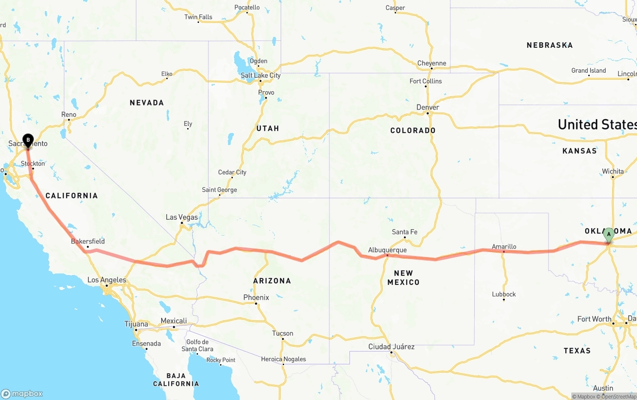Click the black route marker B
(x=28, y=140)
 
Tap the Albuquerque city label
(x=387, y=250)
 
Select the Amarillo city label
(x=504, y=247)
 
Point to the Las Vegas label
(x=182, y=217)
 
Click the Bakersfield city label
(x=88, y=242)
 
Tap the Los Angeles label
(x=106, y=280)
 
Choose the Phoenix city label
(x=256, y=297)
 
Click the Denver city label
(x=427, y=108)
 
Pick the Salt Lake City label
(x=260, y=76)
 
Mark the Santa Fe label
(x=405, y=232)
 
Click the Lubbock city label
(x=504, y=294)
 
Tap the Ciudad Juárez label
(x=391, y=347)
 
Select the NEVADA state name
(x=147, y=103)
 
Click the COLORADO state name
(x=413, y=131)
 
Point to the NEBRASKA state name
(x=549, y=45)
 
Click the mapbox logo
(x=22, y=394)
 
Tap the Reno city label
(x=69, y=115)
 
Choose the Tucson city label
(x=283, y=333)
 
